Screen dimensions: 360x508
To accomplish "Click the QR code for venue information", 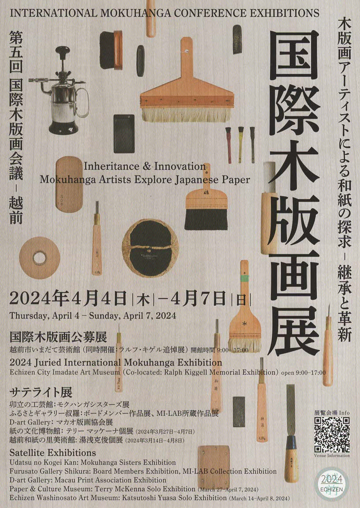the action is tap(332, 434).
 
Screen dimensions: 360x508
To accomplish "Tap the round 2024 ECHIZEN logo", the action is tap(331, 484).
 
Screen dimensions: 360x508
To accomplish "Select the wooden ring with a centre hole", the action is tap(40, 258).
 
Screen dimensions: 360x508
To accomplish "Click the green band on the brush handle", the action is tap(244, 278).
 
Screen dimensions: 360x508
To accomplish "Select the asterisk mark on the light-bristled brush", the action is tap(244, 323).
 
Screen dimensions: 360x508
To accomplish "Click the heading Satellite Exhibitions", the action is tap(53, 452).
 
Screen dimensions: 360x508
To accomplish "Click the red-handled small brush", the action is tap(229, 145).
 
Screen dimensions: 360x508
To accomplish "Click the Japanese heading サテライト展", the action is tap(41, 392).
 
